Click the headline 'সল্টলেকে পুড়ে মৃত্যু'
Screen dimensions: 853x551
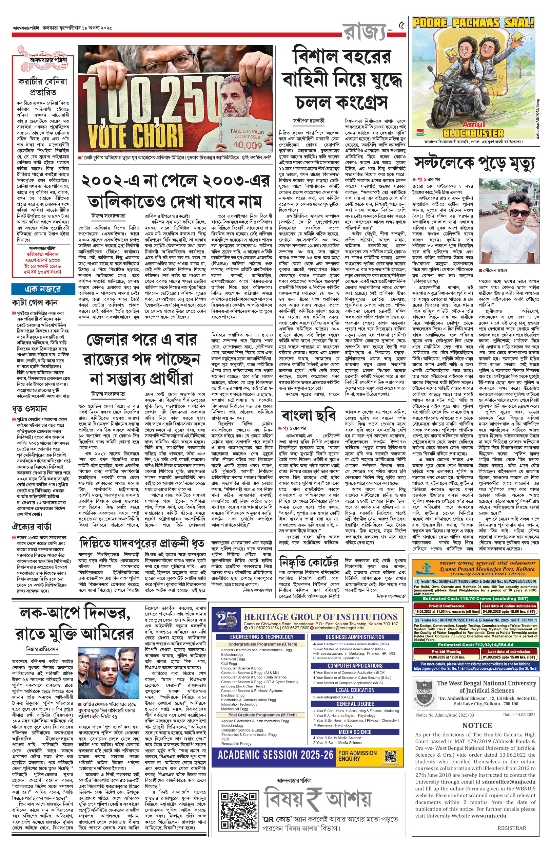tap(474, 163)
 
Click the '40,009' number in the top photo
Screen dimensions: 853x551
tap(247, 145)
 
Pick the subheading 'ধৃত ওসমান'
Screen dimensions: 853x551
tap(29, 409)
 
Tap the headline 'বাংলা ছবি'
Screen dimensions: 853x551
tap(309, 415)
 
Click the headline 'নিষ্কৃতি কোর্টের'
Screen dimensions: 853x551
tap(309, 562)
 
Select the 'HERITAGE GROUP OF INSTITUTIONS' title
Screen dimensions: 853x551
tap(320, 616)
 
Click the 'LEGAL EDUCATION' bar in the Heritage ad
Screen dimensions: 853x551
tap(355, 690)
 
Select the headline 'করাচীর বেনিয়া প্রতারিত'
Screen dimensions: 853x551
tap(43, 87)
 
